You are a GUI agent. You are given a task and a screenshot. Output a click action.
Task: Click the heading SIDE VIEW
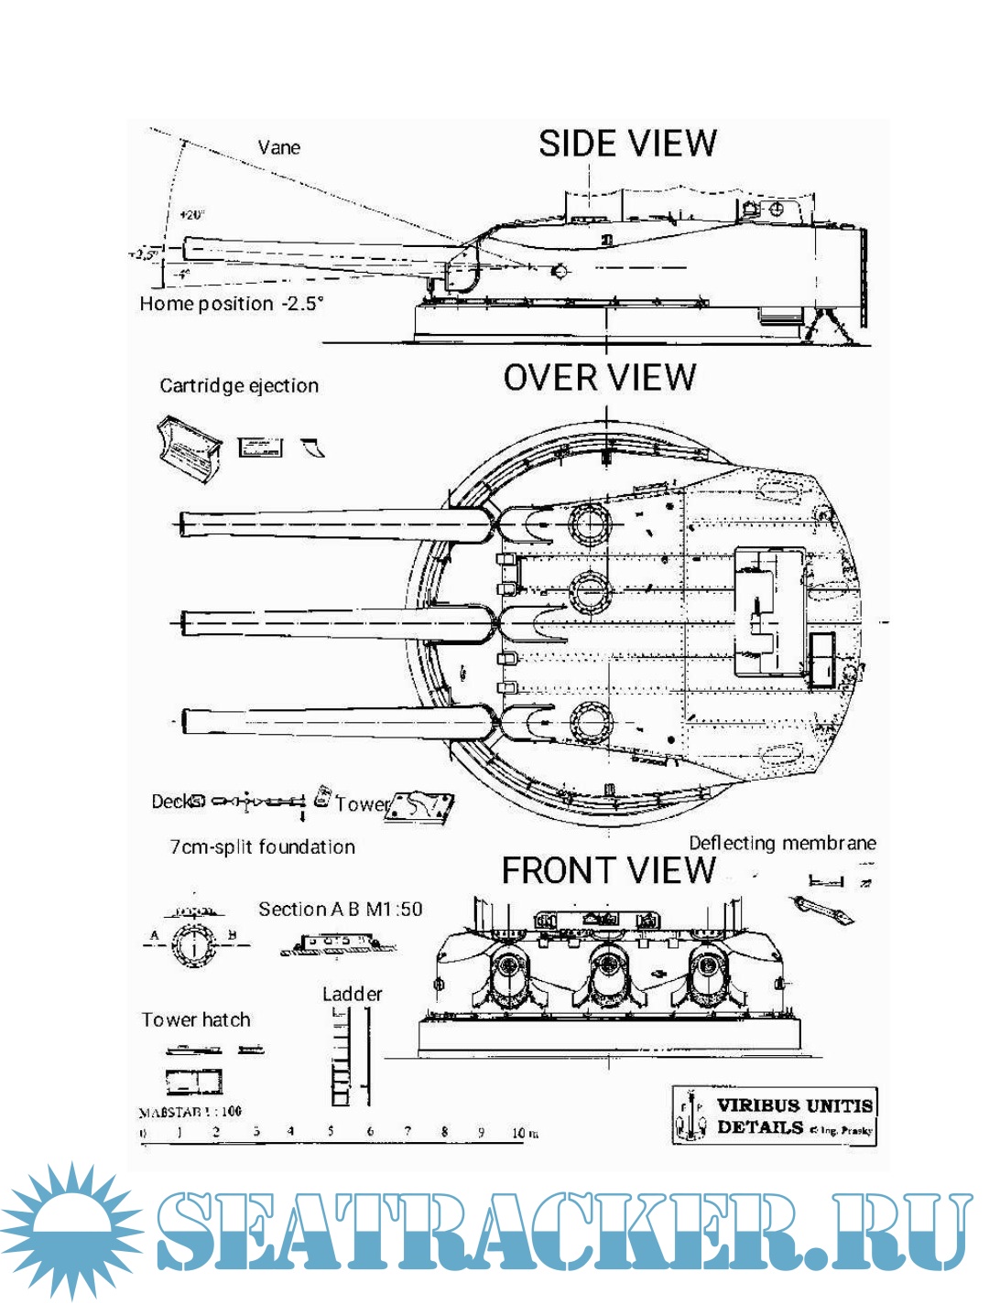627,144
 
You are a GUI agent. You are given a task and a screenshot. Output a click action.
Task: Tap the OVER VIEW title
600,378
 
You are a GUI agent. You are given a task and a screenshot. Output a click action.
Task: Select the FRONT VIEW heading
608,870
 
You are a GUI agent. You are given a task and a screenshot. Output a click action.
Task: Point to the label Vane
278,147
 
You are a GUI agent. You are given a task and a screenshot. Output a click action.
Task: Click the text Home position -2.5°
232,304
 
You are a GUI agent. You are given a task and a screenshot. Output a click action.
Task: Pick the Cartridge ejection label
239,385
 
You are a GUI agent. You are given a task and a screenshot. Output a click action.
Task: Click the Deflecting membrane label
782,843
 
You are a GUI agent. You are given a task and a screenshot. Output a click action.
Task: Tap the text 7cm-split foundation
262,847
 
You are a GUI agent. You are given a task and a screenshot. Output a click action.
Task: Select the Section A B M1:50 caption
340,909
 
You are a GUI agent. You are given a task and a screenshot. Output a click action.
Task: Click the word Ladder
352,994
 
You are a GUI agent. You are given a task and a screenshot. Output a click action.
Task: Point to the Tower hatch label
196,1019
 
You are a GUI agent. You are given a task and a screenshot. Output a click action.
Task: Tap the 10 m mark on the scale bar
524,1133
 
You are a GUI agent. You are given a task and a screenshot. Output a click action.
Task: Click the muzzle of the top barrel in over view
183,523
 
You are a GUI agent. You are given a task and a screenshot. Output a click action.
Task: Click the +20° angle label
191,215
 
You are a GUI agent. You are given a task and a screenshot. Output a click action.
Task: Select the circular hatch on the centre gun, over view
588,596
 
